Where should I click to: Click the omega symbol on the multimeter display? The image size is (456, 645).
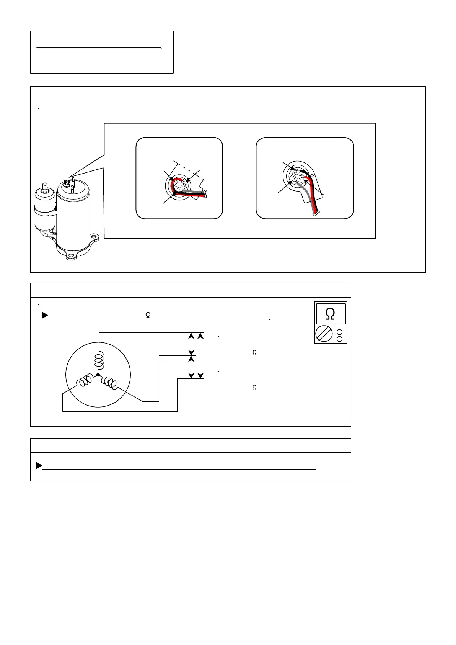pyautogui.click(x=331, y=314)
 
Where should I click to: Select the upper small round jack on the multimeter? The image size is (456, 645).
pyautogui.click(x=339, y=332)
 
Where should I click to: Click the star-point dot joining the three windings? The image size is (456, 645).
pyautogui.click(x=98, y=375)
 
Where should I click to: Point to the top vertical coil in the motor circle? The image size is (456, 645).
pyautogui.click(x=99, y=360)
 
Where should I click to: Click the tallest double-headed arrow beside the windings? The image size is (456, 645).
pyautogui.click(x=200, y=355)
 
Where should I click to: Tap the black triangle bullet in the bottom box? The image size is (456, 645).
pyautogui.click(x=39, y=466)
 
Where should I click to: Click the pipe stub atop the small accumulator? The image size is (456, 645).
pyautogui.click(x=45, y=187)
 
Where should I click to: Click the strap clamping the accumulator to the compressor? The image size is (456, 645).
pyautogui.click(x=46, y=210)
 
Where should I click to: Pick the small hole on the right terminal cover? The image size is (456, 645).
pyautogui.click(x=312, y=175)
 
